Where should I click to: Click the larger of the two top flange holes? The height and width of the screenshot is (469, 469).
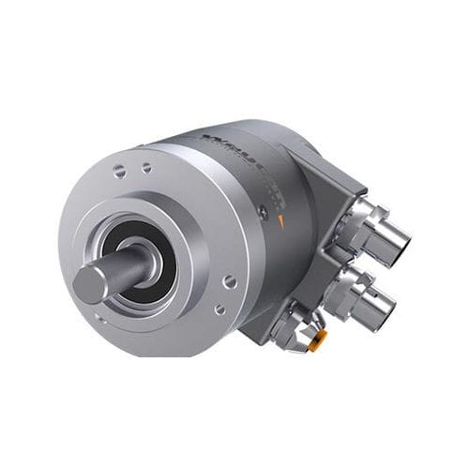pyautogui.click(x=122, y=172)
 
